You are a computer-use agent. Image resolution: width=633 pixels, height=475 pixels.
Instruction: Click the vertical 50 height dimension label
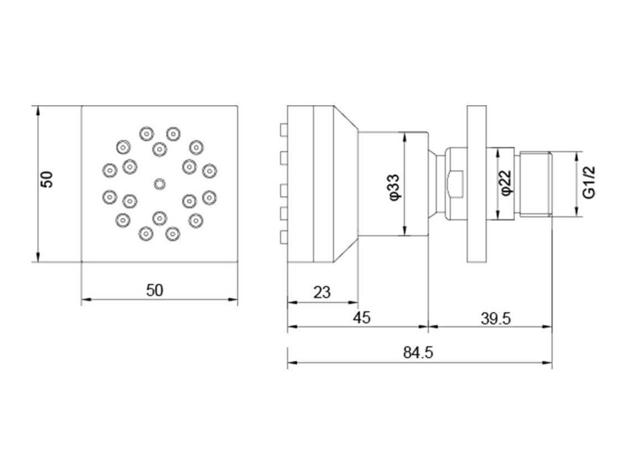coord(47,179)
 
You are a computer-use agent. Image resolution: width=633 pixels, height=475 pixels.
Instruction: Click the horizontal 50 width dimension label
coord(154,290)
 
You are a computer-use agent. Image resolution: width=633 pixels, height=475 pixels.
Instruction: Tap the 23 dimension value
coord(321,292)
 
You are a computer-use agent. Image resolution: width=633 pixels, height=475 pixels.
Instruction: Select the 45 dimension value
coord(361,317)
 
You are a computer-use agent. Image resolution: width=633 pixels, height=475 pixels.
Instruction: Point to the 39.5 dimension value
coord(496,319)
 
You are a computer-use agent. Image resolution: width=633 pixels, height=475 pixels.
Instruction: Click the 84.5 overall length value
coord(418,353)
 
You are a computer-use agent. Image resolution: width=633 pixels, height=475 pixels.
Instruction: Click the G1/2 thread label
coord(589,183)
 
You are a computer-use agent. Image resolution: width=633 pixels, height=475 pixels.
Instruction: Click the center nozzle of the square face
coord(159,184)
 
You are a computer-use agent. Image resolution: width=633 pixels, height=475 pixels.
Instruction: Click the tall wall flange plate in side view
coord(477,184)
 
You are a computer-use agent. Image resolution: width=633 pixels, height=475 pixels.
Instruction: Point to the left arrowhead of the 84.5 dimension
coord(292,362)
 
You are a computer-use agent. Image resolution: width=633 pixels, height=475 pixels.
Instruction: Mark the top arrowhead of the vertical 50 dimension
coord(38,111)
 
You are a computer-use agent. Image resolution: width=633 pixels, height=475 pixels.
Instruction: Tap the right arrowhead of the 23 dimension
coord(353,302)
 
